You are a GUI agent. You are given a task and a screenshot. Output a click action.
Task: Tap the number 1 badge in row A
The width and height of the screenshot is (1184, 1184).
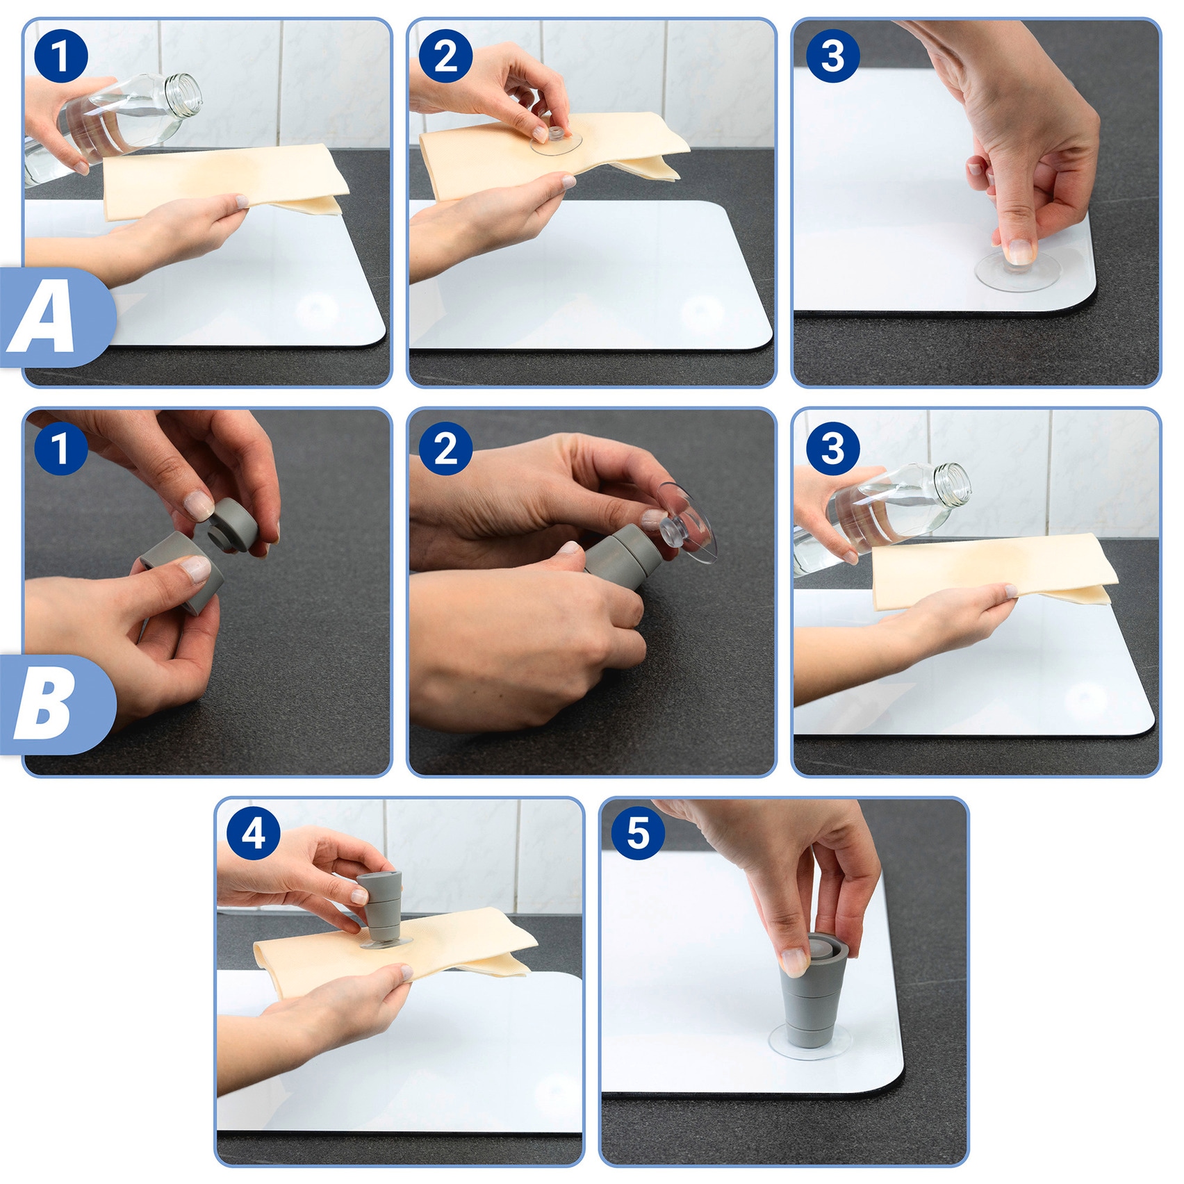pyautogui.click(x=61, y=56)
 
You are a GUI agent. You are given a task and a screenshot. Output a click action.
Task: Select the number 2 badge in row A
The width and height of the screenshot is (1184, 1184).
pyautogui.click(x=446, y=56)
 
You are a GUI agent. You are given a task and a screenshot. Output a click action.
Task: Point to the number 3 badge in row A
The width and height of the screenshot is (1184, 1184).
pyautogui.click(x=833, y=56)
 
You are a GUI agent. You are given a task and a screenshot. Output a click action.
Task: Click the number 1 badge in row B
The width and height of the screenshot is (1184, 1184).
pyautogui.click(x=61, y=448)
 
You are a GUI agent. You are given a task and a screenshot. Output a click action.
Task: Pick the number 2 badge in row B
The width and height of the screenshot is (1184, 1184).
pyautogui.click(x=446, y=448)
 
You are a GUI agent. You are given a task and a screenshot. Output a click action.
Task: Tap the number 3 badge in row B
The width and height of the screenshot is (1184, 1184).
pyautogui.click(x=833, y=448)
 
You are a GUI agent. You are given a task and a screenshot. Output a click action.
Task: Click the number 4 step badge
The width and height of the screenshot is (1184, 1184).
pyautogui.click(x=254, y=832)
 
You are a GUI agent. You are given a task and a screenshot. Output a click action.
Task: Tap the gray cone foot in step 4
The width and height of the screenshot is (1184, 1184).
pyautogui.click(x=383, y=907)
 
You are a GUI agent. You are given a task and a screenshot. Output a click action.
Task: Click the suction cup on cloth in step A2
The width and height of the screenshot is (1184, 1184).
pyautogui.click(x=556, y=140)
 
